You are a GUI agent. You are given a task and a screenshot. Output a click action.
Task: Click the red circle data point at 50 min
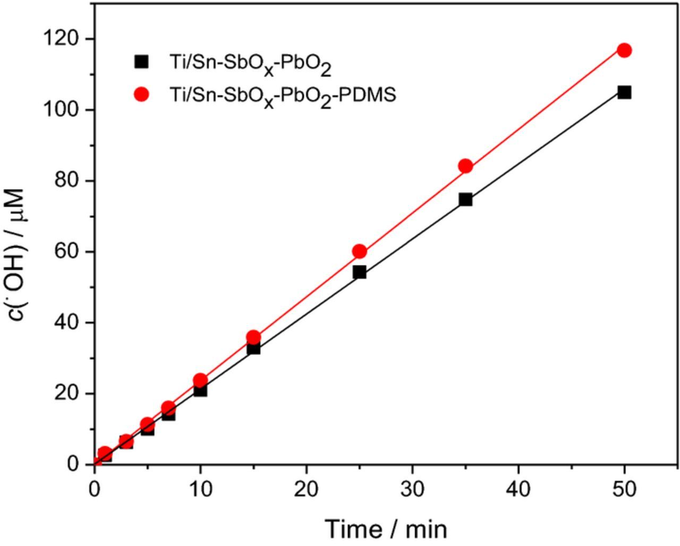pos(624,50)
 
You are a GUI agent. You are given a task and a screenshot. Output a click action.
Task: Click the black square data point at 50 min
pos(624,92)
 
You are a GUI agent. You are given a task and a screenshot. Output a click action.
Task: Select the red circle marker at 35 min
pos(465,166)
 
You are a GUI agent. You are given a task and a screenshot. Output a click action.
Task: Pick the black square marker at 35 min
pos(465,199)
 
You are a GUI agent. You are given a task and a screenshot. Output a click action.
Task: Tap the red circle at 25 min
pos(359,251)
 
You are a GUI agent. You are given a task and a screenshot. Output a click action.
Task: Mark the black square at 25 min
pos(359,272)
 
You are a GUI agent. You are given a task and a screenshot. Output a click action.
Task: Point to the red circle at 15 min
pos(253,337)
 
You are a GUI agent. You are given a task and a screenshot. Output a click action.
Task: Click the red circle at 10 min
pos(200,380)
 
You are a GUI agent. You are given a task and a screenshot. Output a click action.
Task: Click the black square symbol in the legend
pos(141,62)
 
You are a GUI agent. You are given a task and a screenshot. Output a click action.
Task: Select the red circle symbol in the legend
pos(141,95)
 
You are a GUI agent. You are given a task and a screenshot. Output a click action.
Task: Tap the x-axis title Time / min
pos(386,528)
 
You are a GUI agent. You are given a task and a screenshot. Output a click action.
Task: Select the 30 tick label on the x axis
pos(412,489)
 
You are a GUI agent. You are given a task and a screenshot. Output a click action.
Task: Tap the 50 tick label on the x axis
pos(624,489)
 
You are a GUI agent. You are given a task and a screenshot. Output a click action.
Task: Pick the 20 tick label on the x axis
pos(307,489)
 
